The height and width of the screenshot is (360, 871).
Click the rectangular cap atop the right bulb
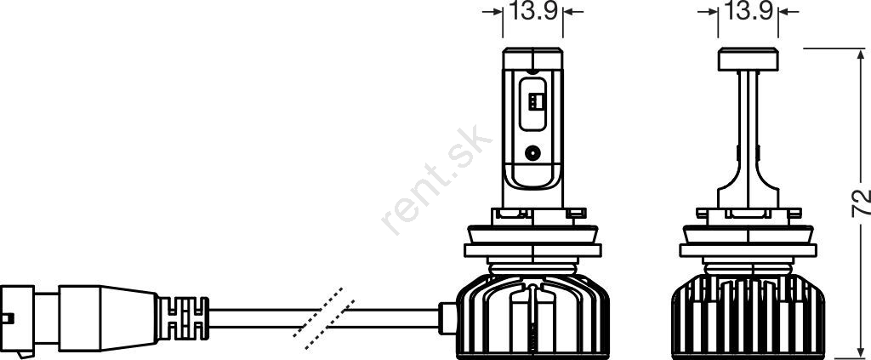pyautogui.click(x=748, y=60)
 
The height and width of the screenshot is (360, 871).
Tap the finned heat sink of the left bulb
pyautogui.click(x=532, y=316)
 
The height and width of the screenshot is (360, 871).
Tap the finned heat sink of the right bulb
pyautogui.click(x=748, y=316)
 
